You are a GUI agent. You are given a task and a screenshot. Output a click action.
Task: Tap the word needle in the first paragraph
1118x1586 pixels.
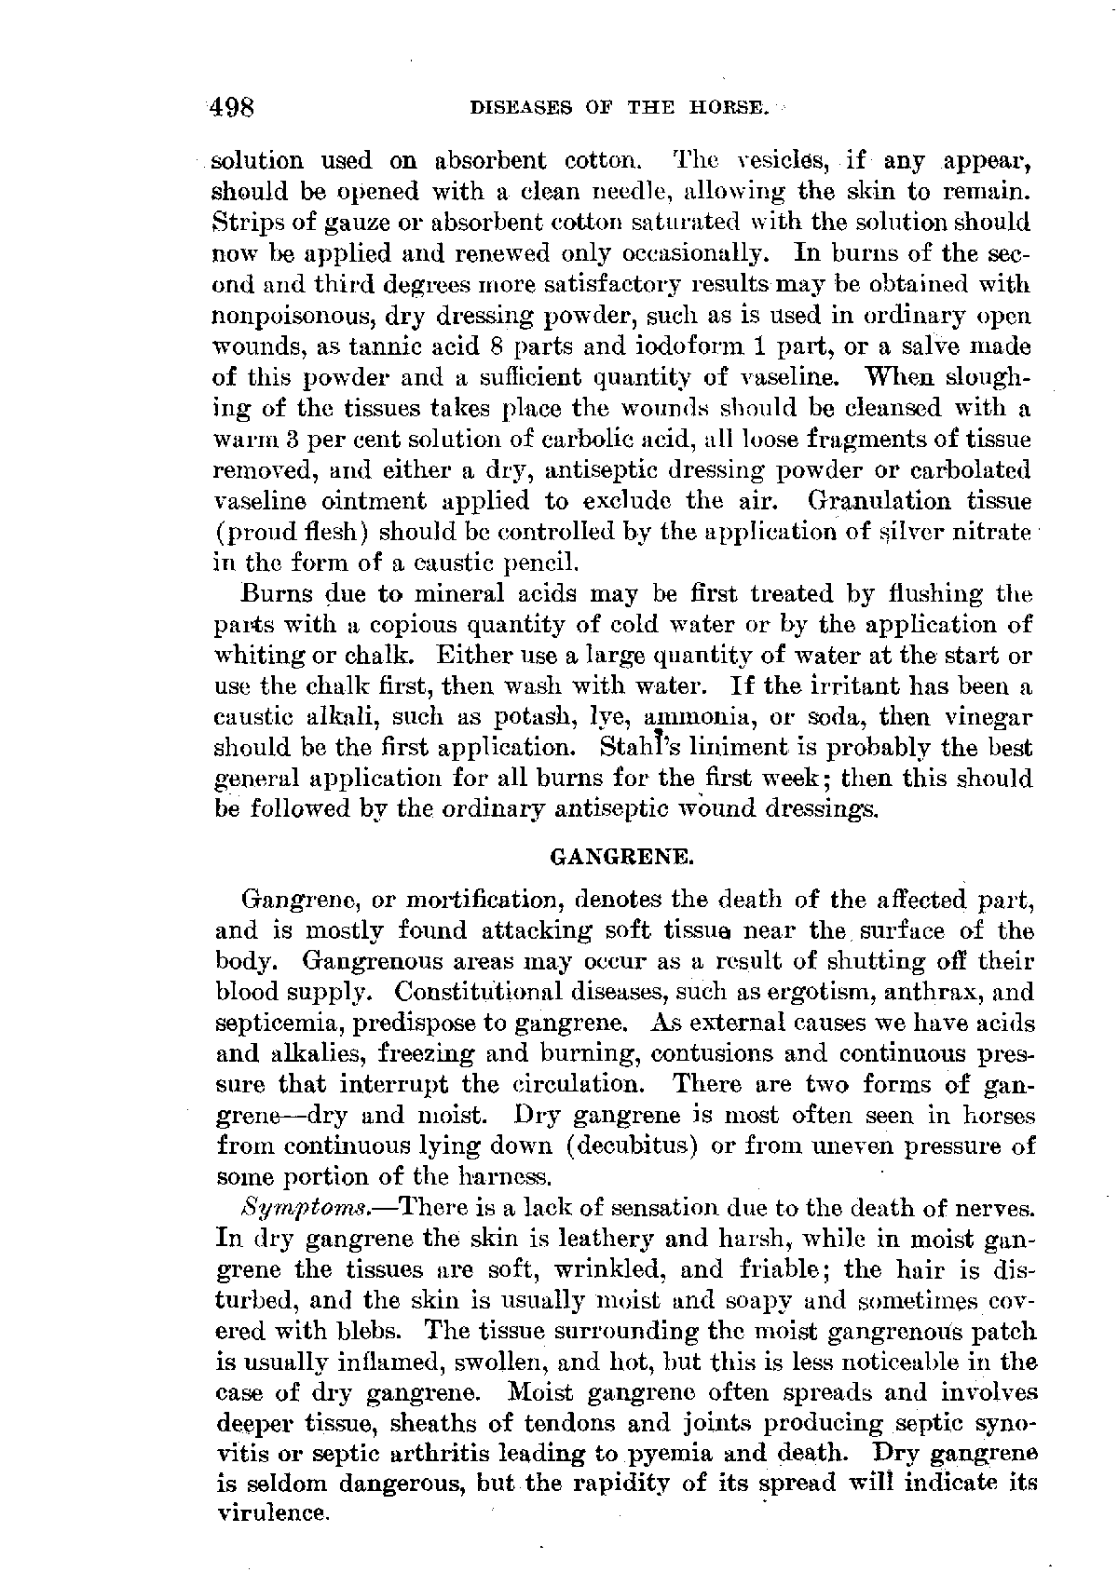(x=640, y=192)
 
